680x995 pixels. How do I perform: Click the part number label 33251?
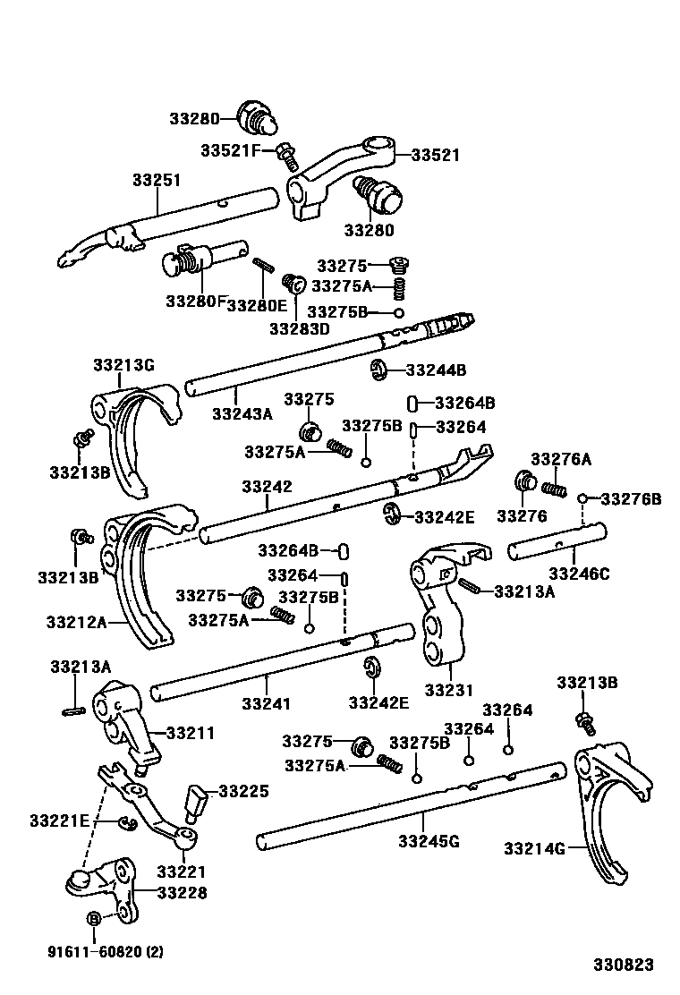point(157,180)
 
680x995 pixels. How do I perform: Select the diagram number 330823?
point(623,965)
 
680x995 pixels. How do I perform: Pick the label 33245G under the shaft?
point(429,841)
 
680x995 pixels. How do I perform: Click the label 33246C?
point(579,574)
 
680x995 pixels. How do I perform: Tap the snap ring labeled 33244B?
point(379,370)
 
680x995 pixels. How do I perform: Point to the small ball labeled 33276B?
point(582,498)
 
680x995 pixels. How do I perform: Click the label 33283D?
point(300,328)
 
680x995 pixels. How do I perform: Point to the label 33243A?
point(242,413)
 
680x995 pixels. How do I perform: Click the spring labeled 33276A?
point(555,487)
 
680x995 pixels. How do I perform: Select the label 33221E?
point(58,820)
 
